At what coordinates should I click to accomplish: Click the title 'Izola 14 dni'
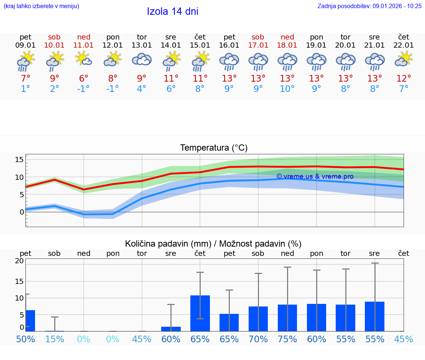tap(172, 11)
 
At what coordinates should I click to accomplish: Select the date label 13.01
tap(142, 45)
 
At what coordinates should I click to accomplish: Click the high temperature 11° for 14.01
tap(171, 78)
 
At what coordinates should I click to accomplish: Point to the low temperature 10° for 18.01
tap(287, 89)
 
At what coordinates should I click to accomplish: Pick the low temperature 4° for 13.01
tap(142, 89)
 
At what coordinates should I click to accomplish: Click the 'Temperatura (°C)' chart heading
tap(214, 148)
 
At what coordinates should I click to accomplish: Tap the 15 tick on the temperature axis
tap(19, 160)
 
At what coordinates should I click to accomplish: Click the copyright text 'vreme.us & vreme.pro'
tap(315, 176)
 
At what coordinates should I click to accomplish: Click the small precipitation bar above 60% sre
tap(171, 329)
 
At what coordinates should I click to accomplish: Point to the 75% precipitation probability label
tap(287, 339)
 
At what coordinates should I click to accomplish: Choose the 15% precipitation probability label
tap(55, 339)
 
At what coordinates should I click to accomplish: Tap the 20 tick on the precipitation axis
tap(19, 261)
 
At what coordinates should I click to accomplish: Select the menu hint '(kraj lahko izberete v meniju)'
tap(41, 6)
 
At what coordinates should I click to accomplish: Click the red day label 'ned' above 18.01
tap(287, 37)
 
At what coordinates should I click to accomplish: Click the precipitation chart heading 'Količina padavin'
tap(213, 244)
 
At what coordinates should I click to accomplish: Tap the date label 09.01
tap(25, 45)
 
